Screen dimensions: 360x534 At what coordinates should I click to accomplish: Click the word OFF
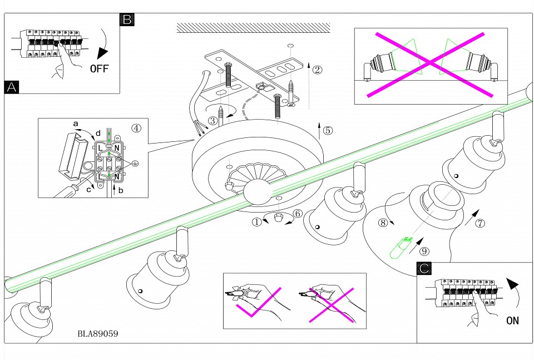point(100,69)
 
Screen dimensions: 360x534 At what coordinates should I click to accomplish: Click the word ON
point(513,320)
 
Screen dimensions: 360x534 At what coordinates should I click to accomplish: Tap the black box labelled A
point(11,87)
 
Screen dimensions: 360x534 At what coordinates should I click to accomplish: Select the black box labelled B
point(127,20)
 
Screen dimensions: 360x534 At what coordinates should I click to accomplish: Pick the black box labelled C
point(424,269)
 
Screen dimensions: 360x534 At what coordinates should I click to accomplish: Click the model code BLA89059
point(98,334)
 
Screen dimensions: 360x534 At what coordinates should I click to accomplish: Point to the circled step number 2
point(317,70)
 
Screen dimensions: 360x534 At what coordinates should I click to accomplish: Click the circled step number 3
point(212,121)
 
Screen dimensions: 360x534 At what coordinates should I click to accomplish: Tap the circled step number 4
point(136,127)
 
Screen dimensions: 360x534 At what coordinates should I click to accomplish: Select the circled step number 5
point(328,131)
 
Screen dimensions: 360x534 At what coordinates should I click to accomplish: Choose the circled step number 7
point(481,224)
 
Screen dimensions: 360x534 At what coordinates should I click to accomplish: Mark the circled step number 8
point(382,223)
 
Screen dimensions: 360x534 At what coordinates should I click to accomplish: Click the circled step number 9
point(424,251)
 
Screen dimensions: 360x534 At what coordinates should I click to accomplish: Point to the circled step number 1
point(256,221)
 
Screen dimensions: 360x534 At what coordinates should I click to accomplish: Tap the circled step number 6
point(298,213)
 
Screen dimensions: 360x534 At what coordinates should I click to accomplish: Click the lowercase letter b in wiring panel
point(122,191)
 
